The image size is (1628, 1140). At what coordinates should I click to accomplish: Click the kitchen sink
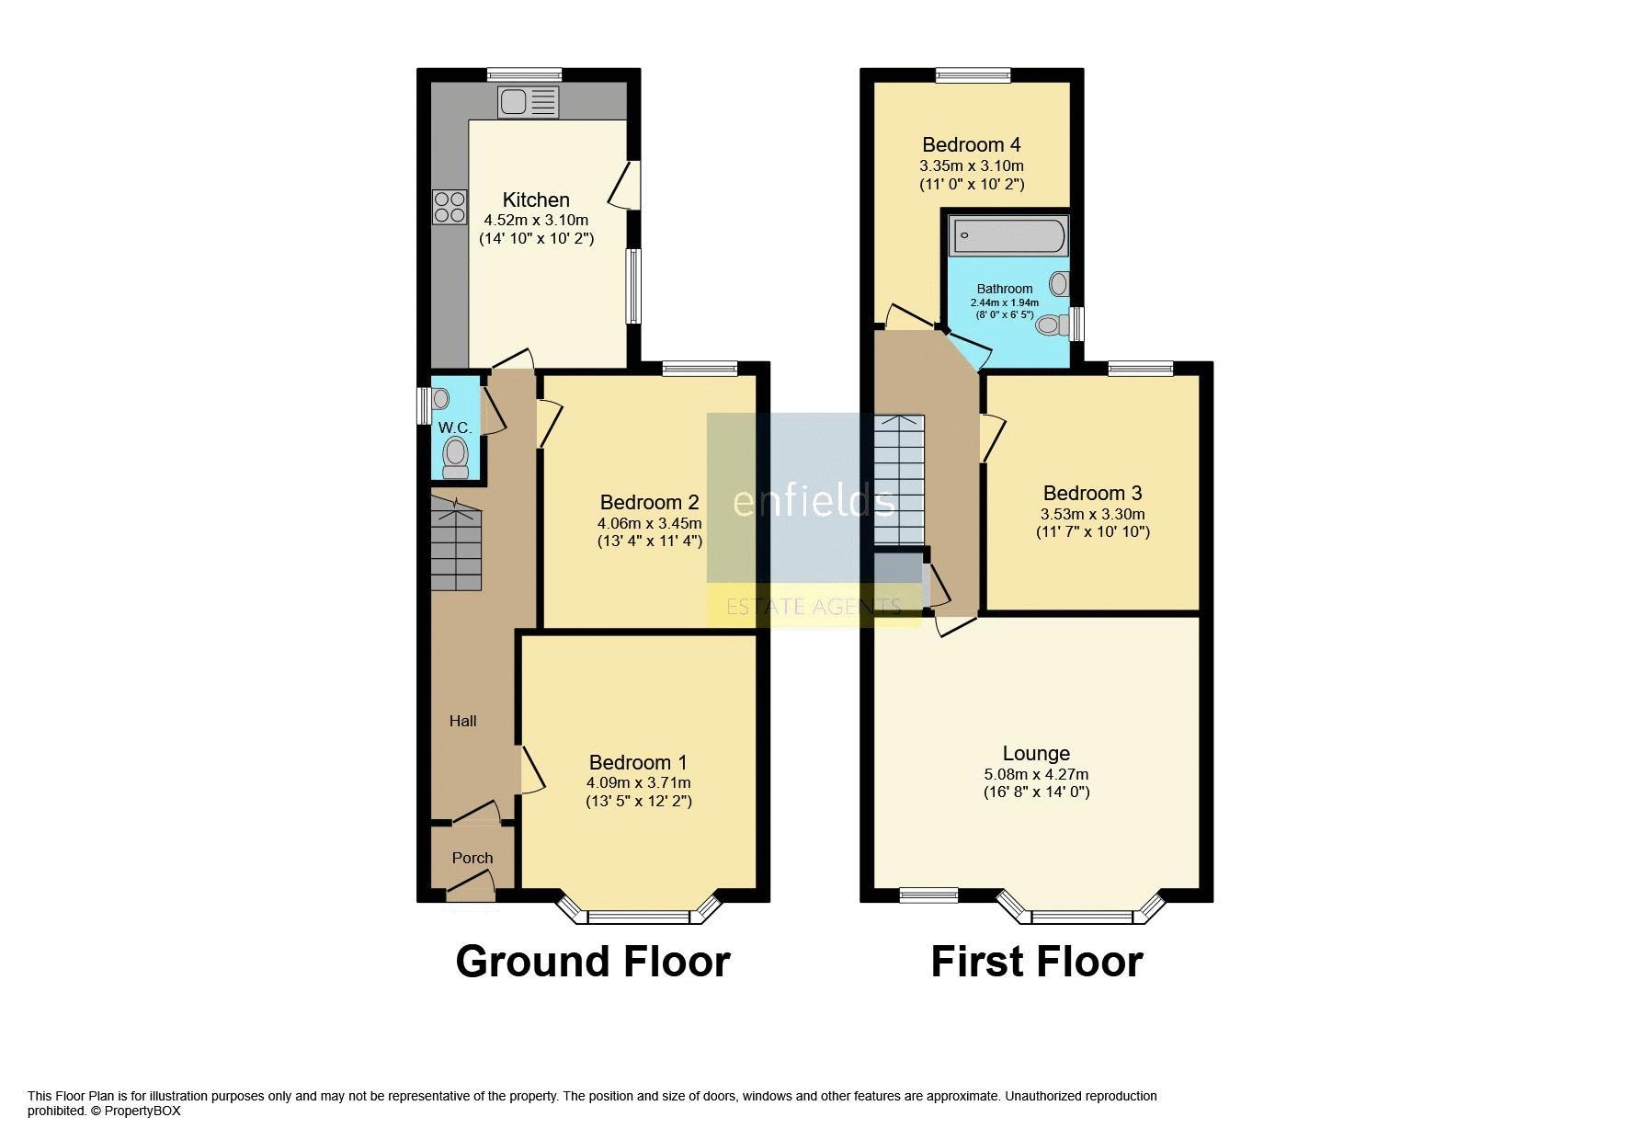529,102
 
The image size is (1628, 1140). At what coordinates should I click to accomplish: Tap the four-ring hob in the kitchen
450,206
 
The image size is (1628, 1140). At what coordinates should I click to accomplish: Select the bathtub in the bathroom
1008,236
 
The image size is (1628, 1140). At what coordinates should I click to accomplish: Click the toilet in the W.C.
455,457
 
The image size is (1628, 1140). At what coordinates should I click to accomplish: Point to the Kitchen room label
536,199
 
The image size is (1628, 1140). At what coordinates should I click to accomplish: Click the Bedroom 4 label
972,144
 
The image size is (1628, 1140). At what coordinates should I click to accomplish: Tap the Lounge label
1036,754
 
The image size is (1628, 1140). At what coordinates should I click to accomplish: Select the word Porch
472,858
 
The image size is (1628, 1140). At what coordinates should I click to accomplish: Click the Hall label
463,721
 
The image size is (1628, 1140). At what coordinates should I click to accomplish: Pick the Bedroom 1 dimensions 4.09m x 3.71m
639,782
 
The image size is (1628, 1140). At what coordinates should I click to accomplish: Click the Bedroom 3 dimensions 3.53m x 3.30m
1093,514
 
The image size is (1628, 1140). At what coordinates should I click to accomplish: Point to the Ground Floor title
593,962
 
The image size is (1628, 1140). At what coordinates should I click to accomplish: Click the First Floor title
1037,962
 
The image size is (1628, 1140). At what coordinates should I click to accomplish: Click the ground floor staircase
456,544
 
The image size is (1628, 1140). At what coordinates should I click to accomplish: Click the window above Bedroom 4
973,75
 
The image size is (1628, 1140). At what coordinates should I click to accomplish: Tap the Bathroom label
1005,289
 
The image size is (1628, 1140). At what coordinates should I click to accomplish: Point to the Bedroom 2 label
650,502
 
